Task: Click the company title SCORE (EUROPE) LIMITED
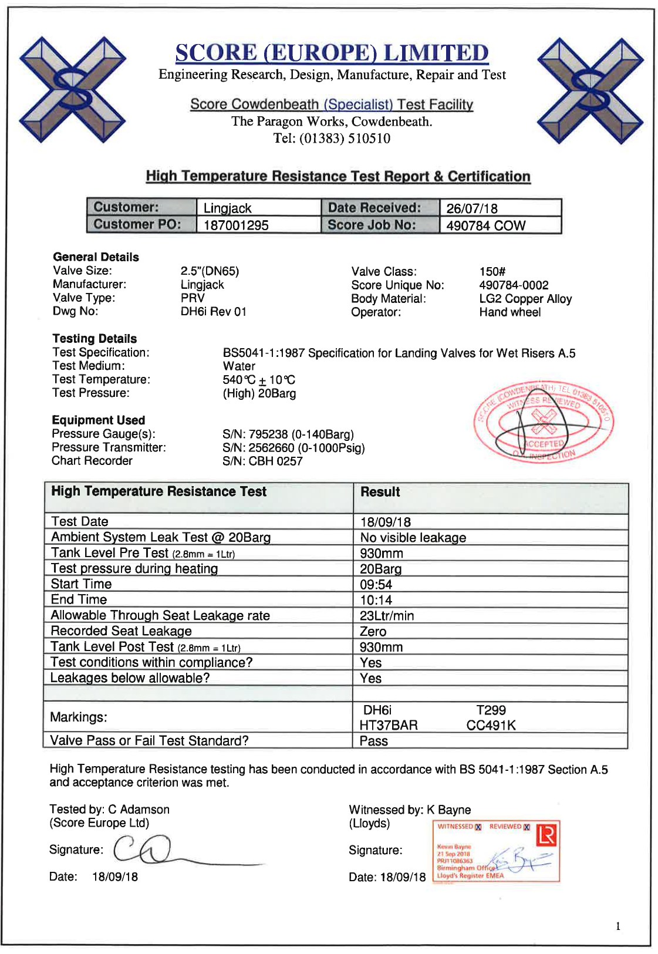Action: tap(332, 53)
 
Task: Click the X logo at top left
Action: tap(73, 89)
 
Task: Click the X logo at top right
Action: tap(590, 90)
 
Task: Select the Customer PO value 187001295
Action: tap(236, 225)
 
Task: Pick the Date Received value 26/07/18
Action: tap(472, 208)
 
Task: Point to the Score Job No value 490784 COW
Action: tap(485, 225)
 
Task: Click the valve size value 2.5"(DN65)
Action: tap(210, 271)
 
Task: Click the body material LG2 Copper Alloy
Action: tap(525, 299)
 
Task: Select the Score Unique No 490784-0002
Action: tap(514, 285)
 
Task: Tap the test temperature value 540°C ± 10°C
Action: tap(259, 380)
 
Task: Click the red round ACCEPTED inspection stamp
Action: tap(543, 422)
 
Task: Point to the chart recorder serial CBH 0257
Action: tap(262, 461)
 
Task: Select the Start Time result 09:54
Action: tap(376, 585)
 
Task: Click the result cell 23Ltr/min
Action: tap(387, 616)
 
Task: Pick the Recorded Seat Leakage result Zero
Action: tap(373, 632)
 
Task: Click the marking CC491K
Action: tap(491, 726)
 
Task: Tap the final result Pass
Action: tap(373, 741)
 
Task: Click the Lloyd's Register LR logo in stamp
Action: tap(546, 834)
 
